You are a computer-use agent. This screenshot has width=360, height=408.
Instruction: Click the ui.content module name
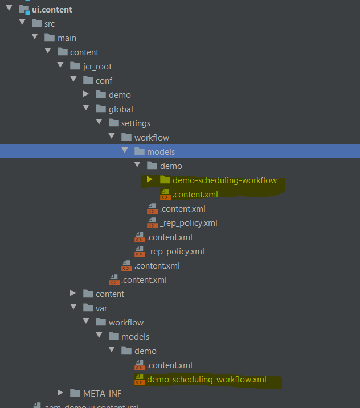(x=52, y=10)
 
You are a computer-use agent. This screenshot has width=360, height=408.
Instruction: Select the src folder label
(x=50, y=23)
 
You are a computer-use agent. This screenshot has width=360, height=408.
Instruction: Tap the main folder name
(x=67, y=38)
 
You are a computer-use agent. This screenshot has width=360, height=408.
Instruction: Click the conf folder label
(x=104, y=80)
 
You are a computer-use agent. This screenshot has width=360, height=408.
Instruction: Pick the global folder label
(x=121, y=109)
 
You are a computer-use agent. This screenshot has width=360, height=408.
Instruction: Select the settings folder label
(x=136, y=123)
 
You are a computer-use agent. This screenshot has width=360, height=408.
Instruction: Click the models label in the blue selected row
(x=161, y=151)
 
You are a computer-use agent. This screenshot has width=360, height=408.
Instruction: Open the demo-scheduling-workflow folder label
(x=224, y=180)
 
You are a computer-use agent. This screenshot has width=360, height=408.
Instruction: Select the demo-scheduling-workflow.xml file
(x=206, y=380)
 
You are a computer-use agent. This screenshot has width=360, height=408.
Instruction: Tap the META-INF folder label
(x=102, y=393)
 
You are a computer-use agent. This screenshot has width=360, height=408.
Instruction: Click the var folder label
(x=101, y=308)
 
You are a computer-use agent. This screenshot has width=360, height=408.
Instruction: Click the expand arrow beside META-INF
(x=60, y=393)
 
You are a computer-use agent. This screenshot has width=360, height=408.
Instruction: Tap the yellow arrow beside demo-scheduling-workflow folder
(x=150, y=180)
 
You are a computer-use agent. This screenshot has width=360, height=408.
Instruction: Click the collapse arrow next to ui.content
(x=9, y=9)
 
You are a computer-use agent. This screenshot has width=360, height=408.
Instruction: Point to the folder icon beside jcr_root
(x=75, y=66)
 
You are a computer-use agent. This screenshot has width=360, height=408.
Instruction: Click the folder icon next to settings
(x=113, y=123)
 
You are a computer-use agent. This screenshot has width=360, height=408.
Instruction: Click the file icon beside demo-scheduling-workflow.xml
(x=139, y=380)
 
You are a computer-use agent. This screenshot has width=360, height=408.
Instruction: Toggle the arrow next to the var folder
(x=73, y=308)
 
